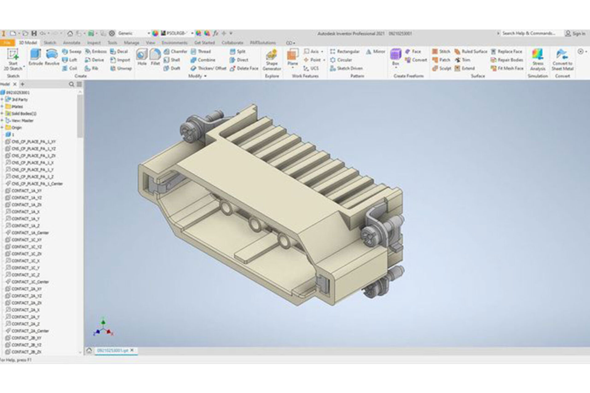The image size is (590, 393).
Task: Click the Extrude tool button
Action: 35,57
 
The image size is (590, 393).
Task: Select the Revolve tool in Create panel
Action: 52,57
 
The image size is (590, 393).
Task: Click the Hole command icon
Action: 142,57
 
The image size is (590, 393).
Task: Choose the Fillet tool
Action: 155,57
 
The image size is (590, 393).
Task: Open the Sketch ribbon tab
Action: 49,43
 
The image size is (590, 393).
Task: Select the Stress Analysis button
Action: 537,60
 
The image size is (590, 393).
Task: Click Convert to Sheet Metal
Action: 562,60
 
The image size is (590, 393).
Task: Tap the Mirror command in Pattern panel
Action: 376,52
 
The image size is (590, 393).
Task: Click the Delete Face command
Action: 244,68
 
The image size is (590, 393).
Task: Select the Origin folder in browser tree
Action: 16,127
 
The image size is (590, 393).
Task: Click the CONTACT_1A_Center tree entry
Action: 30,233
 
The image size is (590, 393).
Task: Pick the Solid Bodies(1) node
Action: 23,114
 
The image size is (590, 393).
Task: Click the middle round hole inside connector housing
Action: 255,224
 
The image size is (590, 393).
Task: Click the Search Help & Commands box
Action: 529,33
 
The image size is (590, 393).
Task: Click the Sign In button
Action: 575,33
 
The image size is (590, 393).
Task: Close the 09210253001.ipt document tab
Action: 132,350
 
